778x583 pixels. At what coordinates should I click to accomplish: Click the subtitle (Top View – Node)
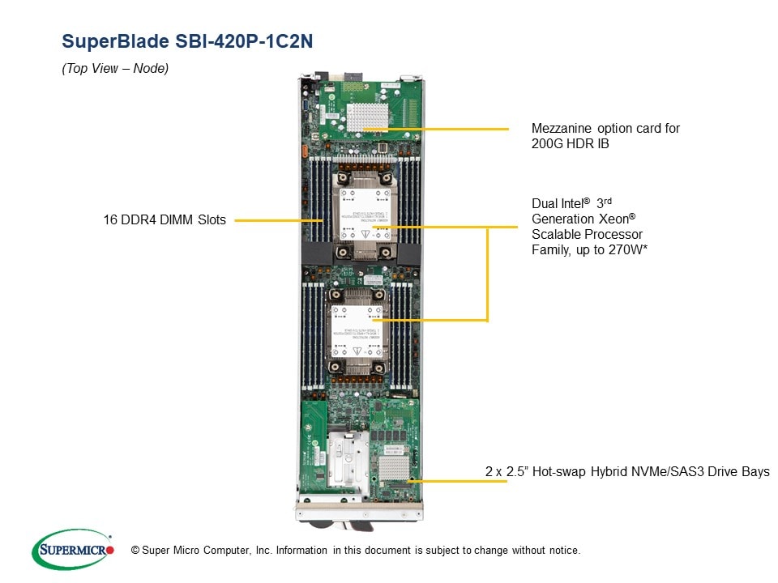115,69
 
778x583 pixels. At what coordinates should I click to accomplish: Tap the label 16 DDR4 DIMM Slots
165,219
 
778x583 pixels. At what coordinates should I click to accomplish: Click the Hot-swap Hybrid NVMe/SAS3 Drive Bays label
627,471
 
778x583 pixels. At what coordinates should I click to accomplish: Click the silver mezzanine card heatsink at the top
368,117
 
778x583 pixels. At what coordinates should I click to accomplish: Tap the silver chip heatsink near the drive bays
395,467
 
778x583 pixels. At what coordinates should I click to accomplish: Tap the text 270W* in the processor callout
623,249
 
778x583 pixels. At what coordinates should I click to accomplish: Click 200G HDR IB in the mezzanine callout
570,144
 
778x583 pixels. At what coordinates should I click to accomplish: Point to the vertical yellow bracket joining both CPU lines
487,275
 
